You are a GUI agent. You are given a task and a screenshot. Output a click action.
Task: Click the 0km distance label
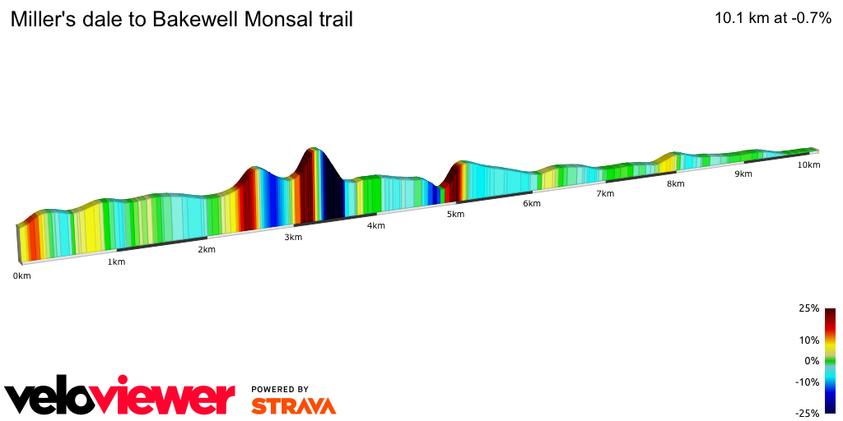[21, 276]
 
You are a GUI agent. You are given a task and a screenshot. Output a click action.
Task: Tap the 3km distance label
[293, 238]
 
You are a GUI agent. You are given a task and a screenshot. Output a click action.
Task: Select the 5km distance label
[455, 215]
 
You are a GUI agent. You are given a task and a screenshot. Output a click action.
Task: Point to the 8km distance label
[676, 184]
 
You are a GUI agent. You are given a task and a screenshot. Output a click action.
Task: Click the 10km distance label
[808, 165]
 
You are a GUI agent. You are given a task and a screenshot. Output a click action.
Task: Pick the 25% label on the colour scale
[808, 308]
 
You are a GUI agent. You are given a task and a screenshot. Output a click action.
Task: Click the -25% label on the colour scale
[807, 414]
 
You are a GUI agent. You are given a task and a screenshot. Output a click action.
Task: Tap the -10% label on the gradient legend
[807, 382]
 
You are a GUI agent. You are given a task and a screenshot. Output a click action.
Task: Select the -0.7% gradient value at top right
[809, 19]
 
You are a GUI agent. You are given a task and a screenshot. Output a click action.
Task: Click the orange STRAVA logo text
[293, 405]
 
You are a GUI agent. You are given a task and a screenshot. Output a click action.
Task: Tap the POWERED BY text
[280, 389]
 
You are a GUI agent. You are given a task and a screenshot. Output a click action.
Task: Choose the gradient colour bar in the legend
[830, 360]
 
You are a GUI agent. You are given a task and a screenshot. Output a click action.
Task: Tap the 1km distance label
[116, 262]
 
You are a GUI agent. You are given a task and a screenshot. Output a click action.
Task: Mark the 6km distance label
[532, 203]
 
